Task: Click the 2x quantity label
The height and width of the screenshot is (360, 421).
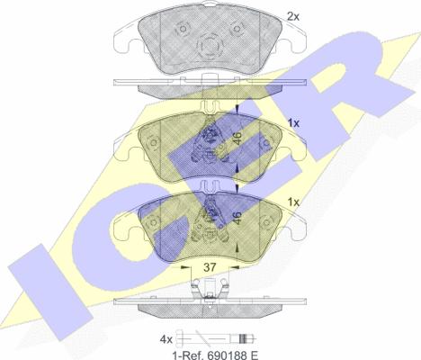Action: (293, 17)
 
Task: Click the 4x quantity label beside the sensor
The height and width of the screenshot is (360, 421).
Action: (166, 339)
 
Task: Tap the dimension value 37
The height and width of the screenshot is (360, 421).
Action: (210, 267)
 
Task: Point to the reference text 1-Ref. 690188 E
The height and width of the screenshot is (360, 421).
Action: (215, 355)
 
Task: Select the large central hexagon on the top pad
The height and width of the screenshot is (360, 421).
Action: (210, 46)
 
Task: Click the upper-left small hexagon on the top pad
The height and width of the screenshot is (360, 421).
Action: (183, 29)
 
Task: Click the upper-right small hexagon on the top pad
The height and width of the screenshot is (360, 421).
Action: (237, 29)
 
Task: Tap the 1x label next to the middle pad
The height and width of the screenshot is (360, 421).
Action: (293, 123)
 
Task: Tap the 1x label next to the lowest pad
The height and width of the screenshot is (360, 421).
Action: (293, 202)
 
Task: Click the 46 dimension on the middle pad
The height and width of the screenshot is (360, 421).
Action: (237, 139)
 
